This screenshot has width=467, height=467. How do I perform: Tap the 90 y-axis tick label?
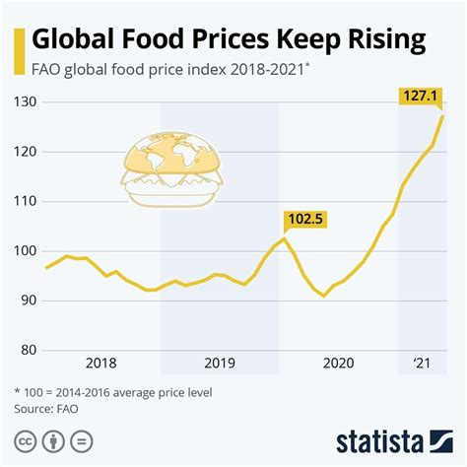coord(27,300)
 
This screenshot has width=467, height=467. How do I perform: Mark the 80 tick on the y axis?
coord(27,349)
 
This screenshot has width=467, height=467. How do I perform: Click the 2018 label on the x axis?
coord(101,363)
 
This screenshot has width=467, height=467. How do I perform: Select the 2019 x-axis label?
coord(220,363)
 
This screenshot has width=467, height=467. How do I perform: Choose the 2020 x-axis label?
coord(338,363)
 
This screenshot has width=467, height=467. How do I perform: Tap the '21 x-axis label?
coord(421,363)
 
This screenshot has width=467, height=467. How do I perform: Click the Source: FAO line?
coord(46,406)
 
